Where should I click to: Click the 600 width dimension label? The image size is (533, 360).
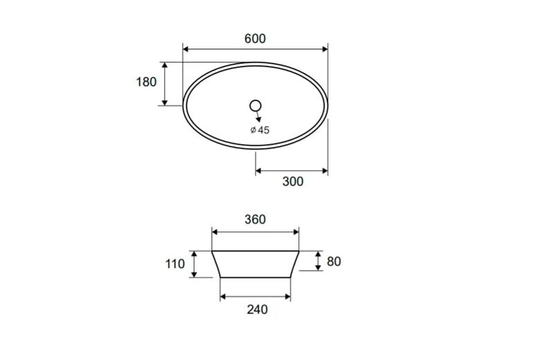click(x=255, y=39)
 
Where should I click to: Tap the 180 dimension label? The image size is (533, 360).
click(x=146, y=82)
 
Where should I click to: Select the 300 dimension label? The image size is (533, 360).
click(x=293, y=181)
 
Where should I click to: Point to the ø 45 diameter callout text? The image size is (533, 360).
click(x=260, y=130)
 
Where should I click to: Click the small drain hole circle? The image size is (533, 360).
click(x=255, y=106)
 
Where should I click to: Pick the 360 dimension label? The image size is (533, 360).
click(x=255, y=219)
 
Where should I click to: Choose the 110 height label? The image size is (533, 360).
click(x=175, y=264)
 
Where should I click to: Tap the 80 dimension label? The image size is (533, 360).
click(x=334, y=262)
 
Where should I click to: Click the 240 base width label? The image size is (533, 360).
click(x=257, y=309)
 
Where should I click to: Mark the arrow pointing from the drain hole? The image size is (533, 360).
click(x=258, y=116)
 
